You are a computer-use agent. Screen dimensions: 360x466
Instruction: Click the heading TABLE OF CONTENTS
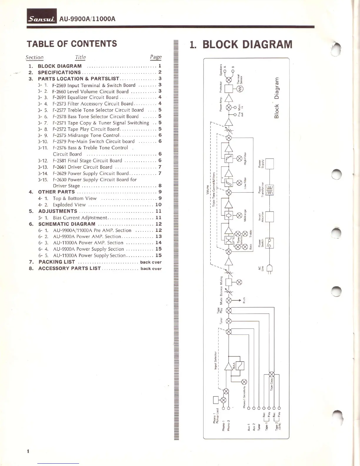[x=72, y=44]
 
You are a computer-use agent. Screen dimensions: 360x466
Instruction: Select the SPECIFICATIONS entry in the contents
[x=59, y=72]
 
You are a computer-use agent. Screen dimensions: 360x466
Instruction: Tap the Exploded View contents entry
[x=69, y=205]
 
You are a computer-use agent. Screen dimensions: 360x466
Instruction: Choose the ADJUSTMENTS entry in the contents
[x=58, y=211]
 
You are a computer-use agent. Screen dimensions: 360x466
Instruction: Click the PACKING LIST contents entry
[x=57, y=262]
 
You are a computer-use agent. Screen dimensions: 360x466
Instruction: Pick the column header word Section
[x=34, y=57]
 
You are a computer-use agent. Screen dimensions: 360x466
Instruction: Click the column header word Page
[x=156, y=57]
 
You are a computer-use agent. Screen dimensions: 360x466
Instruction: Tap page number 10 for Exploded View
[x=158, y=205]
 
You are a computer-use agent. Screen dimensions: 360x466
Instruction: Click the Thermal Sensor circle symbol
[x=239, y=89]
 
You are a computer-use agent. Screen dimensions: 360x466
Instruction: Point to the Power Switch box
[x=269, y=243]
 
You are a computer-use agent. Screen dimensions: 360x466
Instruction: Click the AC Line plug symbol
[x=269, y=269]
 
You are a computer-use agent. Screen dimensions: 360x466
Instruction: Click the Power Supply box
[x=269, y=164]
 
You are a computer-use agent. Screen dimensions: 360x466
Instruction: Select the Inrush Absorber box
[x=269, y=217]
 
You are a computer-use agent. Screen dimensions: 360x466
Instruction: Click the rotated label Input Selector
[x=215, y=360]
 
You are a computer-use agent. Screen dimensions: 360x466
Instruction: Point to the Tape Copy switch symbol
[x=272, y=375]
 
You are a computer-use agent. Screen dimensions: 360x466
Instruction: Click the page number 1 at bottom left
[x=28, y=451]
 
